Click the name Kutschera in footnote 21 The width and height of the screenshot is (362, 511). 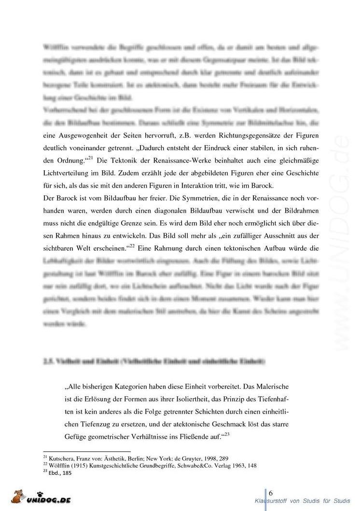click(61, 459)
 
